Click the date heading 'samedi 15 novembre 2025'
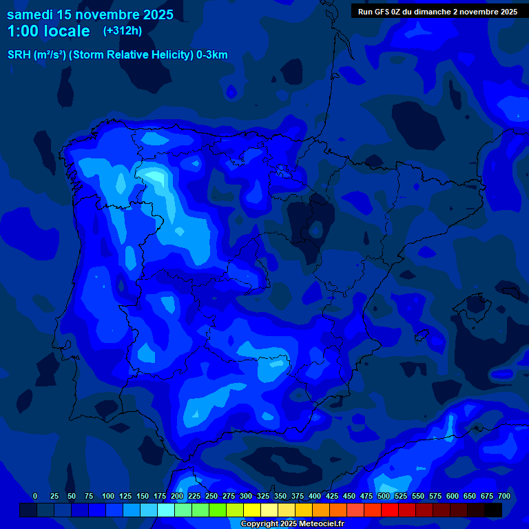point(90,14)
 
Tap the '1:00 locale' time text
point(48,31)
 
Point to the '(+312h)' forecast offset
point(122,31)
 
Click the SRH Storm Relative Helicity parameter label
point(117,55)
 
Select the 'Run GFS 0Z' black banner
point(437,12)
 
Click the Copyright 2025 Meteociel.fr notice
point(291,524)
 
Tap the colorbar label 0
point(35,496)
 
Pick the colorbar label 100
point(108,496)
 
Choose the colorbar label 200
point(177,496)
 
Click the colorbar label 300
point(246,496)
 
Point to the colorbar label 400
point(315,496)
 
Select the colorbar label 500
point(384,496)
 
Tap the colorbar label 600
point(453,496)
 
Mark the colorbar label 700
point(504,496)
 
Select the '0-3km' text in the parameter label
point(211,55)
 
